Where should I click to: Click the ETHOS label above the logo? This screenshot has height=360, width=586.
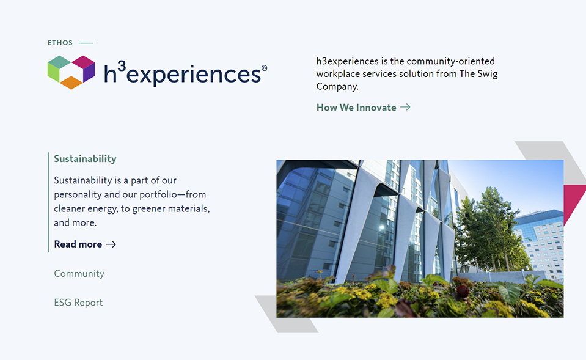60,43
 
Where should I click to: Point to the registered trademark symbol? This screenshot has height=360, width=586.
264,68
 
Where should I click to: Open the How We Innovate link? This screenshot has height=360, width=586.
356,108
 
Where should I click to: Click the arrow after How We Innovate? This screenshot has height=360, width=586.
405,108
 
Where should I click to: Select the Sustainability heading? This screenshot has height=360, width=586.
85,159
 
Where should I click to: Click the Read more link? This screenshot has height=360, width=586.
78,244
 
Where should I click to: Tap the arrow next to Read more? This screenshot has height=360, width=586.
111,244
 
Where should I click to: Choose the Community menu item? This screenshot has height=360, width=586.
79,274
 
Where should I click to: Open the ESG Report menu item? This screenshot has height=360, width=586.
78,303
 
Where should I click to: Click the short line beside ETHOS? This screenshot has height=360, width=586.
86,43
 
